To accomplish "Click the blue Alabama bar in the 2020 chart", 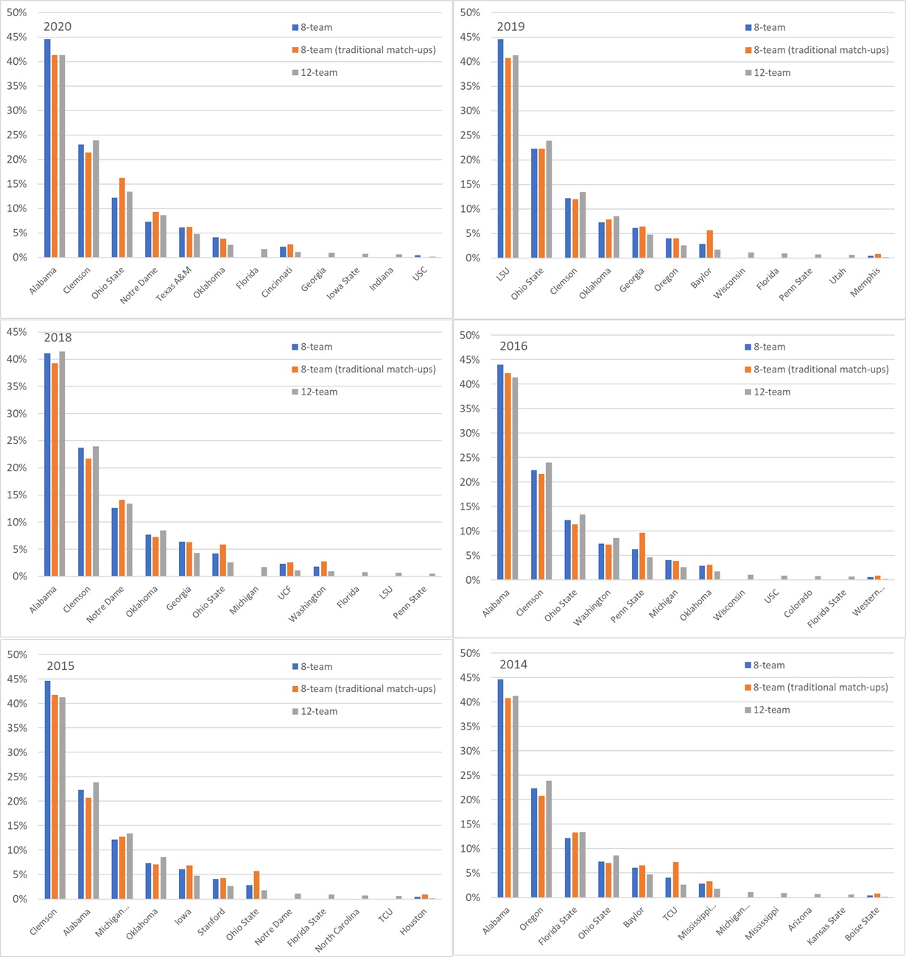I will point(47,147).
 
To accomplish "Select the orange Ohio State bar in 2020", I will point(122,218).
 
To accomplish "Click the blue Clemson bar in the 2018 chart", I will point(81,512).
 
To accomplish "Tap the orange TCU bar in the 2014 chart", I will point(676,880).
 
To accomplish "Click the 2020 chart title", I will point(57,27).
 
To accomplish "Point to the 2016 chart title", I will point(513,346).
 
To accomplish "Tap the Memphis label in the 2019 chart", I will point(865,281).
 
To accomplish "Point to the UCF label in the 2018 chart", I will point(285,594).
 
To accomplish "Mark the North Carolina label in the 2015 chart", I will point(337,930).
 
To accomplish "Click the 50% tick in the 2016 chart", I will point(468,336).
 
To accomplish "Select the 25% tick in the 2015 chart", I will point(17,777).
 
